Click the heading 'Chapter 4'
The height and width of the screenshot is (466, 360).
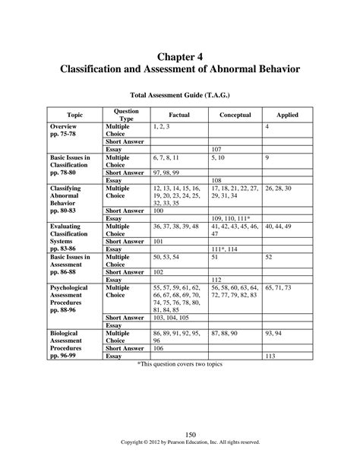(179, 55)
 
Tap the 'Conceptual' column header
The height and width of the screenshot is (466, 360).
(235, 115)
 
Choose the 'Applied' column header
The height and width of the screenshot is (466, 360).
(287, 115)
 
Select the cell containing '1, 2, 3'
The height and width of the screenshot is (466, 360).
(160, 125)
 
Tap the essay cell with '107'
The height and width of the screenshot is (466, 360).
(217, 148)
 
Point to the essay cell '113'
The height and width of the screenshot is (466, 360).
(270, 355)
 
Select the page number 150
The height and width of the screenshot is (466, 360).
(180, 434)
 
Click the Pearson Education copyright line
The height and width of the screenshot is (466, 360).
(180, 442)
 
